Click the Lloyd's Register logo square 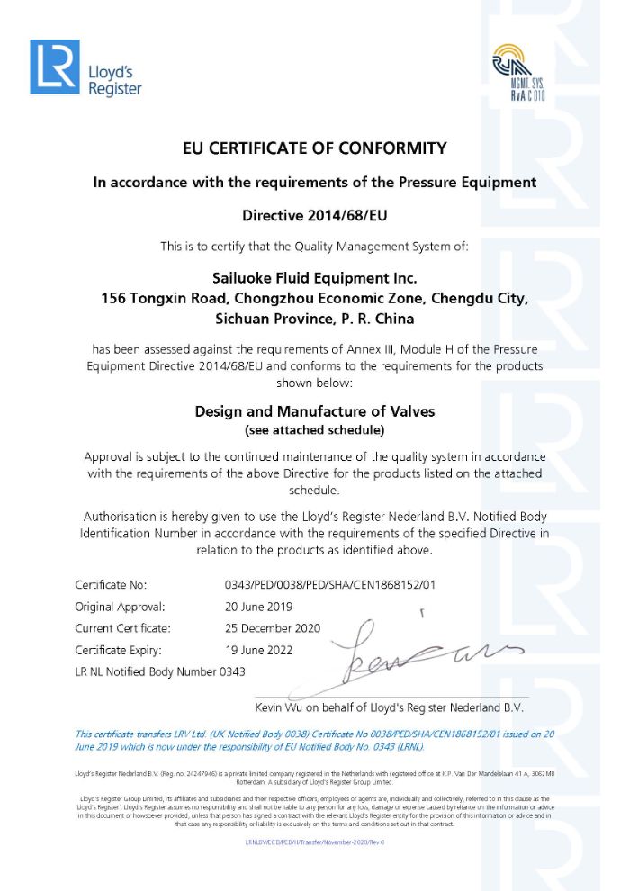coord(54,67)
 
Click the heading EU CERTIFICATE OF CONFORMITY coord(314,148)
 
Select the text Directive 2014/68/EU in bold coord(314,215)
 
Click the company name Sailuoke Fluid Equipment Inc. coord(314,278)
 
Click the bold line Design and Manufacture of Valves coord(314,411)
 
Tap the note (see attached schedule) coord(314,429)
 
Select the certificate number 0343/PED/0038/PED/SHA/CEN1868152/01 coord(330,585)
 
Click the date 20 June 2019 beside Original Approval coord(260,607)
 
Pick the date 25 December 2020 coord(273,628)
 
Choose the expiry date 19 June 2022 coord(258,650)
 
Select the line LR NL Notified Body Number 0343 coord(160,671)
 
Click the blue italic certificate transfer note coord(314,740)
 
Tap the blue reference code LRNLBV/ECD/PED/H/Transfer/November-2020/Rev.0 coord(314,841)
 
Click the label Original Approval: coord(120,607)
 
